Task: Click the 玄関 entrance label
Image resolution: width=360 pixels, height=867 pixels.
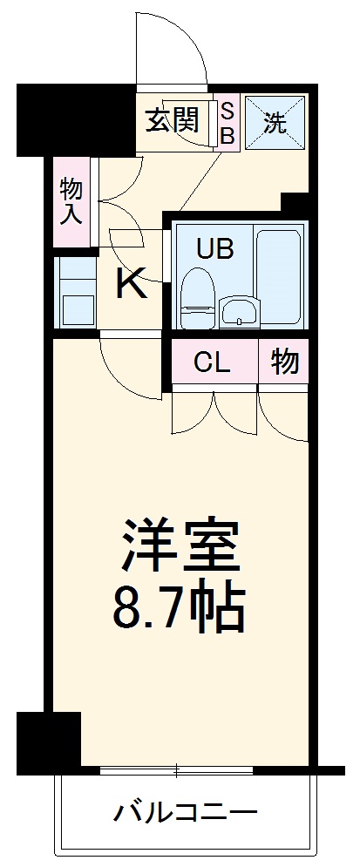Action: coord(172,120)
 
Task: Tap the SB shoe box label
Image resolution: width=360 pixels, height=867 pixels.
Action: coord(227,122)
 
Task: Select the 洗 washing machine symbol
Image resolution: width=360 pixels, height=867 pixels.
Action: coord(275,122)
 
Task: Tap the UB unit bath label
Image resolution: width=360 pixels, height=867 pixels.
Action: coord(214,250)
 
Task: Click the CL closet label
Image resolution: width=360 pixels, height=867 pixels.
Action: coord(213,362)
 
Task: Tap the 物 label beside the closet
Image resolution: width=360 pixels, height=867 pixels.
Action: coord(284,362)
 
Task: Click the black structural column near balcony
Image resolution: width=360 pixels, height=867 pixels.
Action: coord(49,739)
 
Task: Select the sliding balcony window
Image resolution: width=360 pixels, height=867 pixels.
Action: coord(176,770)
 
